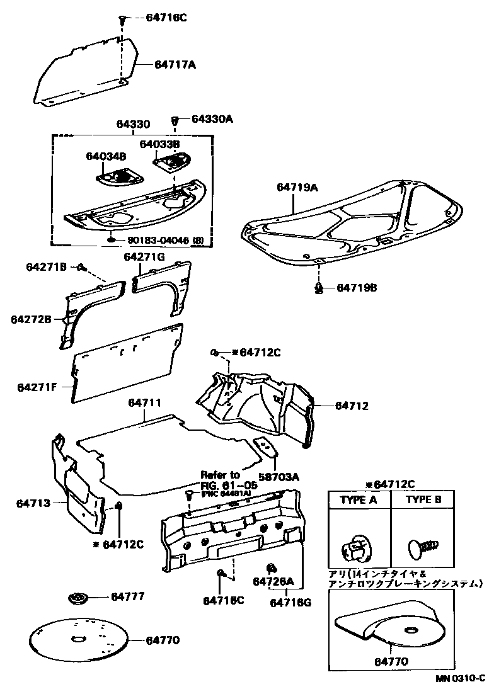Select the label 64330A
212,118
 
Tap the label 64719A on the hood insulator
297,187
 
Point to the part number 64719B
356,287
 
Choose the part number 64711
145,402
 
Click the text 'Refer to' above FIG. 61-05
221,474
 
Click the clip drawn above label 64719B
319,287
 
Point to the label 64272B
31,319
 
